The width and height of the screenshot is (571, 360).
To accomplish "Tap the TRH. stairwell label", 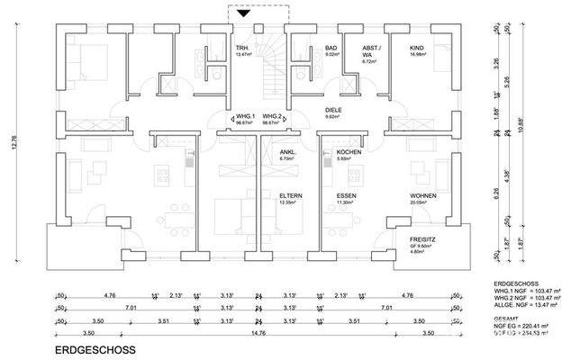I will click(241, 47).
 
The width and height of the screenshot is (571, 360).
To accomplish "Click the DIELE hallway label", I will click(334, 111).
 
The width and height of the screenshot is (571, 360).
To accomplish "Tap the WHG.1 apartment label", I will click(245, 117).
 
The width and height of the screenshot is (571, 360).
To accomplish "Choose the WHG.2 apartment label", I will click(273, 117).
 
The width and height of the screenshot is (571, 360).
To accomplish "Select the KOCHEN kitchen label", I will click(349, 152).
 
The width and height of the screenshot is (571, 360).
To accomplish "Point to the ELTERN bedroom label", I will click(290, 195).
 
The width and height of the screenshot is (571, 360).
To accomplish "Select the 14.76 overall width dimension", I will click(258, 331).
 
